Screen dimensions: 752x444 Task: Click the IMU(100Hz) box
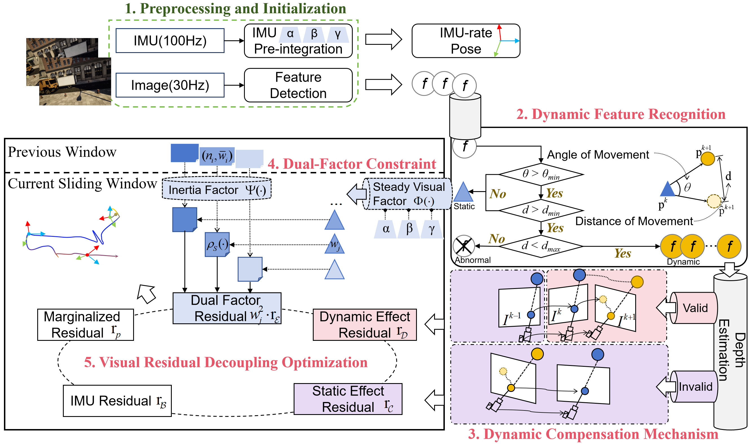170,41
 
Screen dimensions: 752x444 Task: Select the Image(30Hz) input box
170,85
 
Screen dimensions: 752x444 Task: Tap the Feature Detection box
298,85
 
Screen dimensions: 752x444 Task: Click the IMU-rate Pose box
466,41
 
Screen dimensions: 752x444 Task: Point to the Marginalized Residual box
86,325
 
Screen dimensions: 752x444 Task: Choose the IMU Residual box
117,401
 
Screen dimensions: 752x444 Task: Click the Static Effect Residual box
348,399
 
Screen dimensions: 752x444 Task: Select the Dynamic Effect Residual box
365,325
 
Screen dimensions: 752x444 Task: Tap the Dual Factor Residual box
227,308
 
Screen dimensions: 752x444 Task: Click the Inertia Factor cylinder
217,188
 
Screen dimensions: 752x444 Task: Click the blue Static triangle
463,192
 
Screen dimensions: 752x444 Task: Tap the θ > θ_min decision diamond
541,174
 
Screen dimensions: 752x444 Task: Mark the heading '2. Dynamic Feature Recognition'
621,114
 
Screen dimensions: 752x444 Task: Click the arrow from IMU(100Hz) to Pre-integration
234,41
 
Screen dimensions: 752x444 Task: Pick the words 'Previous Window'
62,152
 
